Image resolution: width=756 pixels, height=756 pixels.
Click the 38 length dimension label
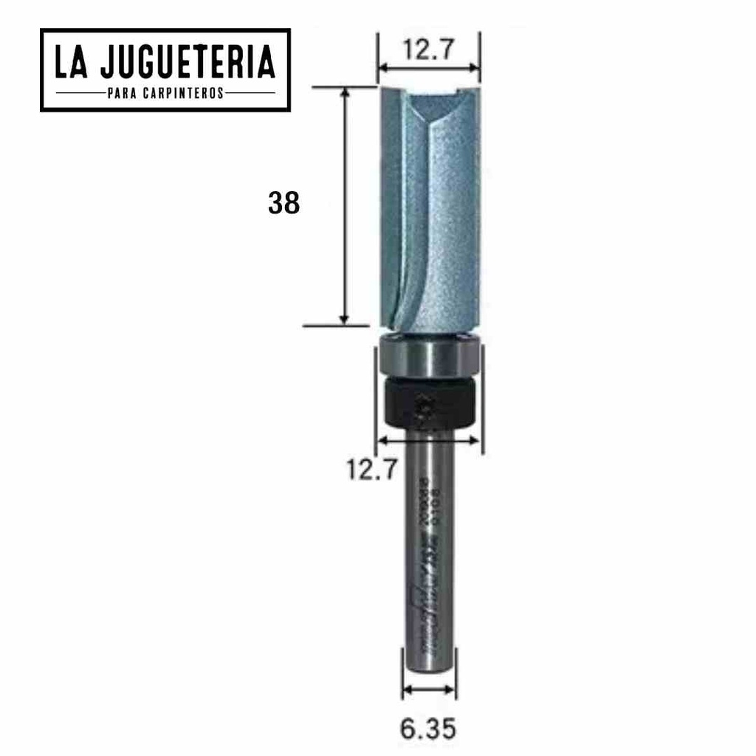[x=283, y=203]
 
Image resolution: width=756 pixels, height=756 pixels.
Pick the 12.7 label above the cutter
[x=428, y=50]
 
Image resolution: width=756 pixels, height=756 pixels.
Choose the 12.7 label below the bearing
[x=373, y=469]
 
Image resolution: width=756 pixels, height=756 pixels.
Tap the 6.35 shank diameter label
[x=428, y=729]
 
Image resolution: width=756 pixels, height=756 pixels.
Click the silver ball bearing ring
[x=428, y=357]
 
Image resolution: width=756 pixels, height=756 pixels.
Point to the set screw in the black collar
[x=425, y=410]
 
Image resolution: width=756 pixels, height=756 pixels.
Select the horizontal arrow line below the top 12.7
[x=428, y=69]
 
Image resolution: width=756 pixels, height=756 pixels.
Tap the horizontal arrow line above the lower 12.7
[x=428, y=441]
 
